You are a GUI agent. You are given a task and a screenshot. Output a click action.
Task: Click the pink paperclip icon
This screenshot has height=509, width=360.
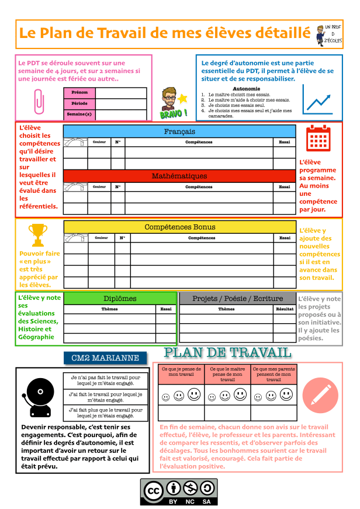(39, 101)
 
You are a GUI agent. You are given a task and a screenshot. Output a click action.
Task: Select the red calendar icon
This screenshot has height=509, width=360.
(319, 138)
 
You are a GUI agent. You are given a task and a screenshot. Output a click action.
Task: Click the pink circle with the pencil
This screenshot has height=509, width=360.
(320, 394)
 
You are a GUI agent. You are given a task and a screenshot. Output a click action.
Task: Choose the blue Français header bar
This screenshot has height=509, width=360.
(179, 131)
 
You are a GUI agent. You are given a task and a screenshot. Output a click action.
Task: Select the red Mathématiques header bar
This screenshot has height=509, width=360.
(179, 176)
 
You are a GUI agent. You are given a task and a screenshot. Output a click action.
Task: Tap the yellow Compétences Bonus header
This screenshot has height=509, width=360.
(179, 227)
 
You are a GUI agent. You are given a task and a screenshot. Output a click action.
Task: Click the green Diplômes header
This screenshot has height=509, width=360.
(120, 299)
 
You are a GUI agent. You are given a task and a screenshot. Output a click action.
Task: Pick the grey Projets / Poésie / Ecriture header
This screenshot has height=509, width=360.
(237, 299)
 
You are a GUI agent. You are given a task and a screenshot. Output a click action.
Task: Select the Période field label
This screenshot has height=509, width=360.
(79, 103)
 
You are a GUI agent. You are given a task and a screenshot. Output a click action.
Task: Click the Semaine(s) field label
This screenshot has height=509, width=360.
(79, 115)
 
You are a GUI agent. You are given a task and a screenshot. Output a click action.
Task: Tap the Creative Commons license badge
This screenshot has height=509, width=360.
(179, 492)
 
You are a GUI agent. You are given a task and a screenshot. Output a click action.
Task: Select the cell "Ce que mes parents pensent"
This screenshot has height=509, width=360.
(272, 374)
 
